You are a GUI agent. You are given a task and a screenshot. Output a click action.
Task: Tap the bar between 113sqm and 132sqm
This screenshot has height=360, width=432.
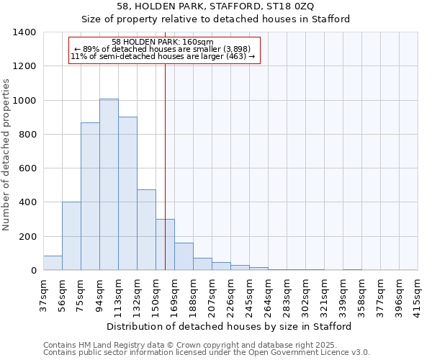127,194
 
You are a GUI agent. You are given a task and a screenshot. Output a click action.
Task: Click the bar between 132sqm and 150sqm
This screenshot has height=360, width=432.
146,230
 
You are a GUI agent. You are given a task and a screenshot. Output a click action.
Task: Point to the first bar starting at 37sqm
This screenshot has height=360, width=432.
53,263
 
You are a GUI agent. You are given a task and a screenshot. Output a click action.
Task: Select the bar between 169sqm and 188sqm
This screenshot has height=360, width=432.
184,256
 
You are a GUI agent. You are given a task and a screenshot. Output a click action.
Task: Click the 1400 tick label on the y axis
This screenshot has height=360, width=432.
24,32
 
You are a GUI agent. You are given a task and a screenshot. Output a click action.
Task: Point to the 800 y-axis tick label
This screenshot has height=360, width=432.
27,135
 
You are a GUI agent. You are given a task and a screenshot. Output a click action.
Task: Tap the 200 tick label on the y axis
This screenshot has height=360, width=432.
27,237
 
